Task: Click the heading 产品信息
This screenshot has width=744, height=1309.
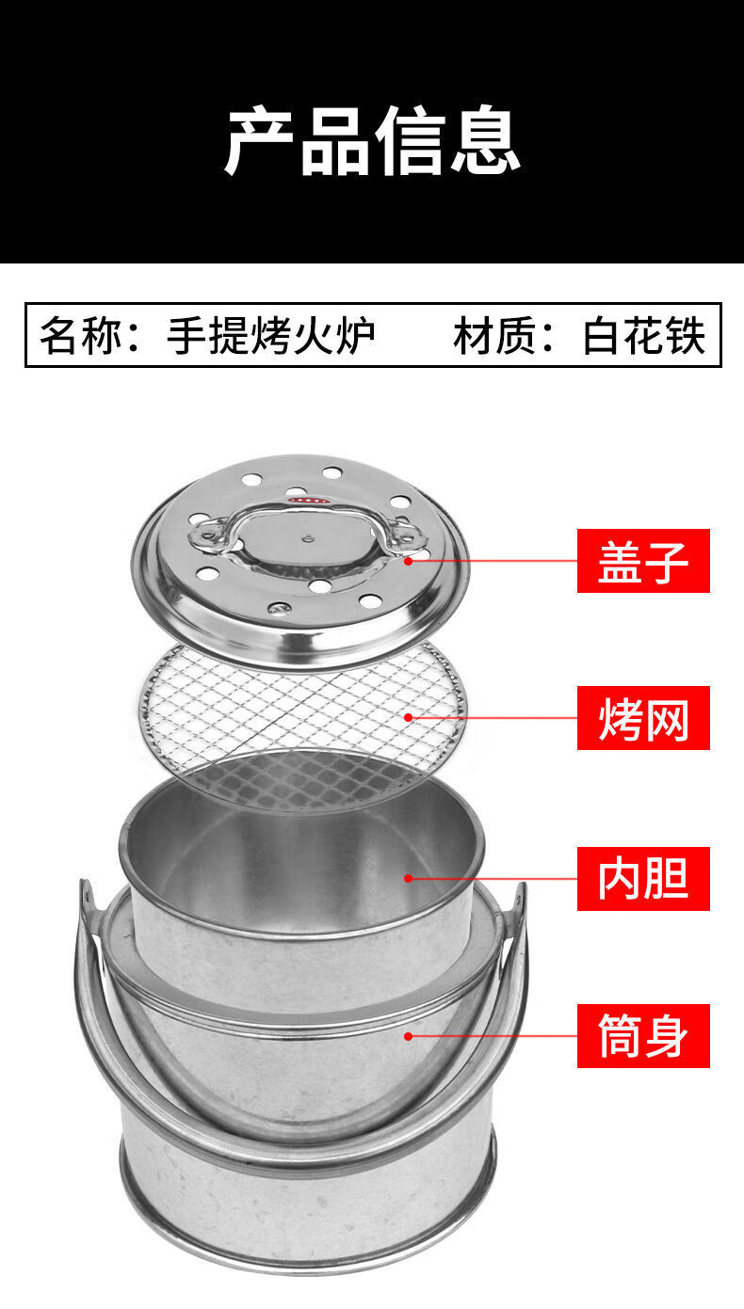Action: (x=372, y=141)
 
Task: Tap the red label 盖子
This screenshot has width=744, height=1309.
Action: (x=643, y=561)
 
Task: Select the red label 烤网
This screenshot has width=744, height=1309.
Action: (x=643, y=718)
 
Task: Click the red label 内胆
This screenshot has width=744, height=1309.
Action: (x=643, y=878)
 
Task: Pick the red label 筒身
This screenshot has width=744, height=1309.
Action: (x=643, y=1035)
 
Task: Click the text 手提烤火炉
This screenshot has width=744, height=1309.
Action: (x=271, y=334)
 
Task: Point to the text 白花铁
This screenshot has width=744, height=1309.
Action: (x=644, y=334)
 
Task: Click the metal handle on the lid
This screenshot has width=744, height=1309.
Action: (x=303, y=513)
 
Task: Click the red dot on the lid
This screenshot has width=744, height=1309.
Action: (x=409, y=560)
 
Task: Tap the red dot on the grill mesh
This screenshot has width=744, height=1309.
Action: (x=409, y=717)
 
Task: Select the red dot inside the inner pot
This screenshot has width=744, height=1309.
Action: (x=409, y=878)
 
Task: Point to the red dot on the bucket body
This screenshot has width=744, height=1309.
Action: (x=409, y=1036)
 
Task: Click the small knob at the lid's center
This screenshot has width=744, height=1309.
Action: (x=307, y=540)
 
